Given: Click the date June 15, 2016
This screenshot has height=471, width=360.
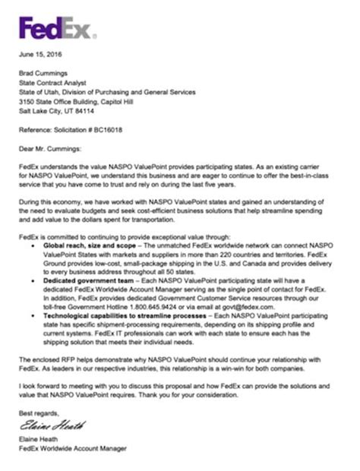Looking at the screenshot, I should coord(40,54).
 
